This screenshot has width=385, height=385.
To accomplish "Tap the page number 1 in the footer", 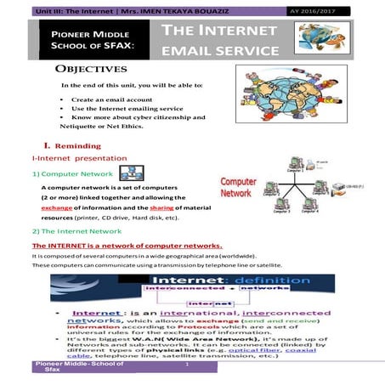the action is pos(186,365).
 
